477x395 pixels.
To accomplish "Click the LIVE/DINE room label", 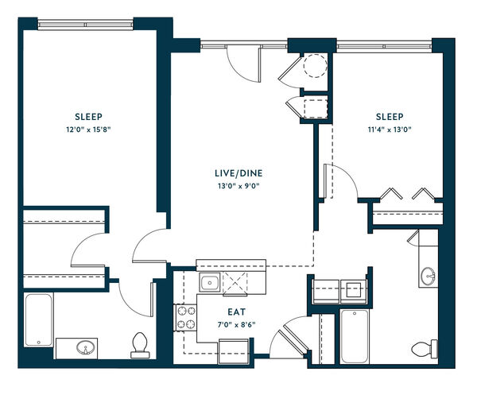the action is pyautogui.click(x=238, y=173).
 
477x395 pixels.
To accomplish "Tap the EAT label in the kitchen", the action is pyautogui.click(x=237, y=312).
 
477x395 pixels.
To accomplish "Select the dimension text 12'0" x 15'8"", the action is pyautogui.click(x=88, y=130).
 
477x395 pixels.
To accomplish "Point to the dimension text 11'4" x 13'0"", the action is pyautogui.click(x=390, y=130).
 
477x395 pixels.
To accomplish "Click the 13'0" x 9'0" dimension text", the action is pyautogui.click(x=238, y=186).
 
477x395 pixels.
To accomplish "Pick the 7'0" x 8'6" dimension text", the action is pyautogui.click(x=236, y=325).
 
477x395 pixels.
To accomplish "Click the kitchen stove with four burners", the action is pyautogui.click(x=185, y=317).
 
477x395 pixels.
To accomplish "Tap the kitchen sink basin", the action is pyautogui.click(x=210, y=282).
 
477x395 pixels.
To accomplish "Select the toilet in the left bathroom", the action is pyautogui.click(x=140, y=346).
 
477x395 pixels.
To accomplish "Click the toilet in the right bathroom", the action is pyautogui.click(x=425, y=348).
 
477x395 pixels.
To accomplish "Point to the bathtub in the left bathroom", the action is pyautogui.click(x=39, y=319).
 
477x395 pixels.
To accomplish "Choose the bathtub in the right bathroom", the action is pyautogui.click(x=355, y=336).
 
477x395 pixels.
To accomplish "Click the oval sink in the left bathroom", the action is pyautogui.click(x=86, y=347).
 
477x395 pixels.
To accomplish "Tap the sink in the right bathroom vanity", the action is pyautogui.click(x=429, y=276).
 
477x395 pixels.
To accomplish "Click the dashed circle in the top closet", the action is pyautogui.click(x=316, y=66).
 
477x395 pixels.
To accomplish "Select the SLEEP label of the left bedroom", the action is pyautogui.click(x=88, y=117).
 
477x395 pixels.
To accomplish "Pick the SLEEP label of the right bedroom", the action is pyautogui.click(x=390, y=117).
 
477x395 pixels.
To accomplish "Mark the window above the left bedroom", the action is pyautogui.click(x=86, y=25).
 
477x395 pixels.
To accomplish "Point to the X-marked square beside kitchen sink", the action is pyautogui.click(x=235, y=283).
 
